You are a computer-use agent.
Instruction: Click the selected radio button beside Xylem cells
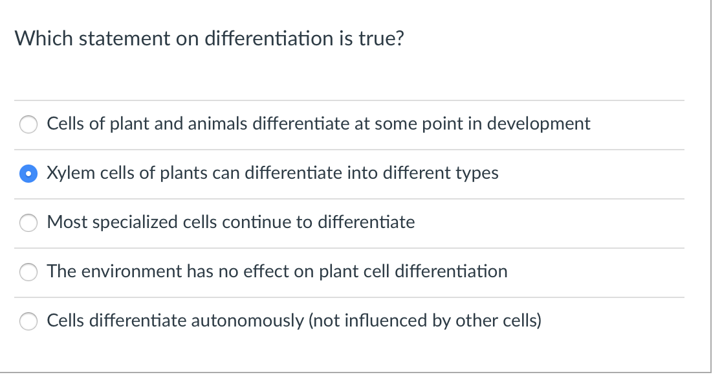pos(28,174)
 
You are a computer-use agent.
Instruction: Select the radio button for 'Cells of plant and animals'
pos(28,124)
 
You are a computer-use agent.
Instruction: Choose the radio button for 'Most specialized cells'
pos(28,223)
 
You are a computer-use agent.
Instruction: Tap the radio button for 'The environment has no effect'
pos(28,272)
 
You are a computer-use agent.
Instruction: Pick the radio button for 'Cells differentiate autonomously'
pos(28,321)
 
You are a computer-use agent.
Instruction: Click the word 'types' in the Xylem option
pos(477,174)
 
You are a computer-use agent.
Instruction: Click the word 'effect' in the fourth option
pos(267,271)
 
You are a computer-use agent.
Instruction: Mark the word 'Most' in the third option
pos(67,222)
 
